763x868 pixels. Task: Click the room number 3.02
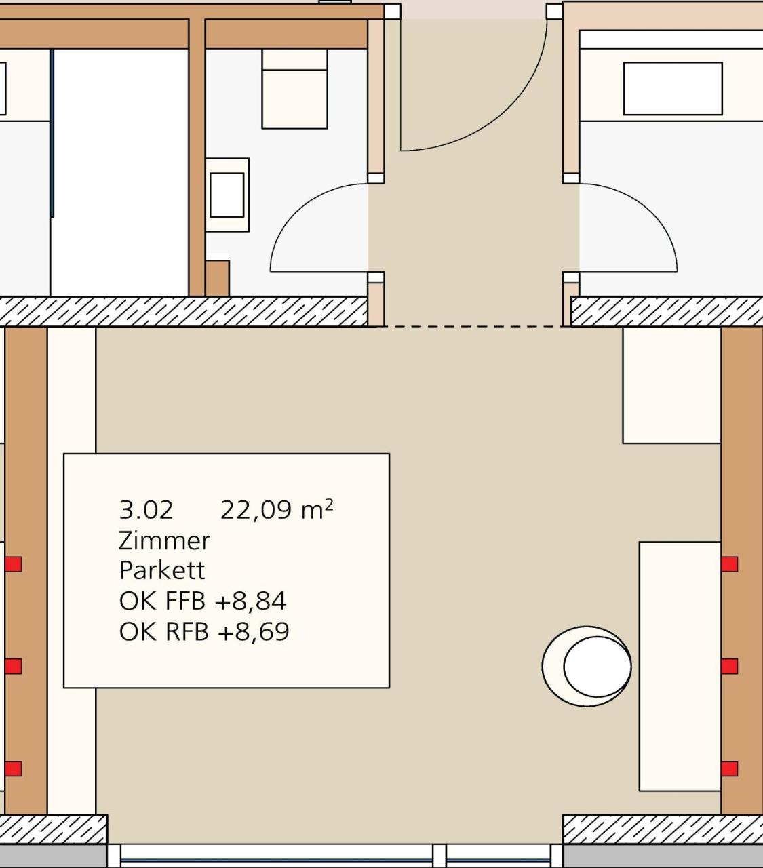(146, 510)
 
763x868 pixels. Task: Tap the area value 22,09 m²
(277, 510)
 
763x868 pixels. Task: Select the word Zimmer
(164, 541)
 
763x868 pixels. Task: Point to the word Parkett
(162, 570)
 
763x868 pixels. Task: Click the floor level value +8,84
(250, 601)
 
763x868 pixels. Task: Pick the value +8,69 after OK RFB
(254, 631)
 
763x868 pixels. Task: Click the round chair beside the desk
(587, 666)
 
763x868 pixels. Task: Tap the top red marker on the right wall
(729, 564)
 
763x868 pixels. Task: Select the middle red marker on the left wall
(14, 666)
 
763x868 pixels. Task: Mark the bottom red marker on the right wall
(729, 768)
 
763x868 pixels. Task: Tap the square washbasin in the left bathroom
(227, 195)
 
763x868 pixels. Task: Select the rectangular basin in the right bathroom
(673, 89)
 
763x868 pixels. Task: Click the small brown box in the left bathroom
(218, 278)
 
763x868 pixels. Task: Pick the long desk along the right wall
(680, 666)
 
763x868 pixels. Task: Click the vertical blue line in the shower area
(52, 133)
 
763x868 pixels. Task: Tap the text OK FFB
(162, 601)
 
